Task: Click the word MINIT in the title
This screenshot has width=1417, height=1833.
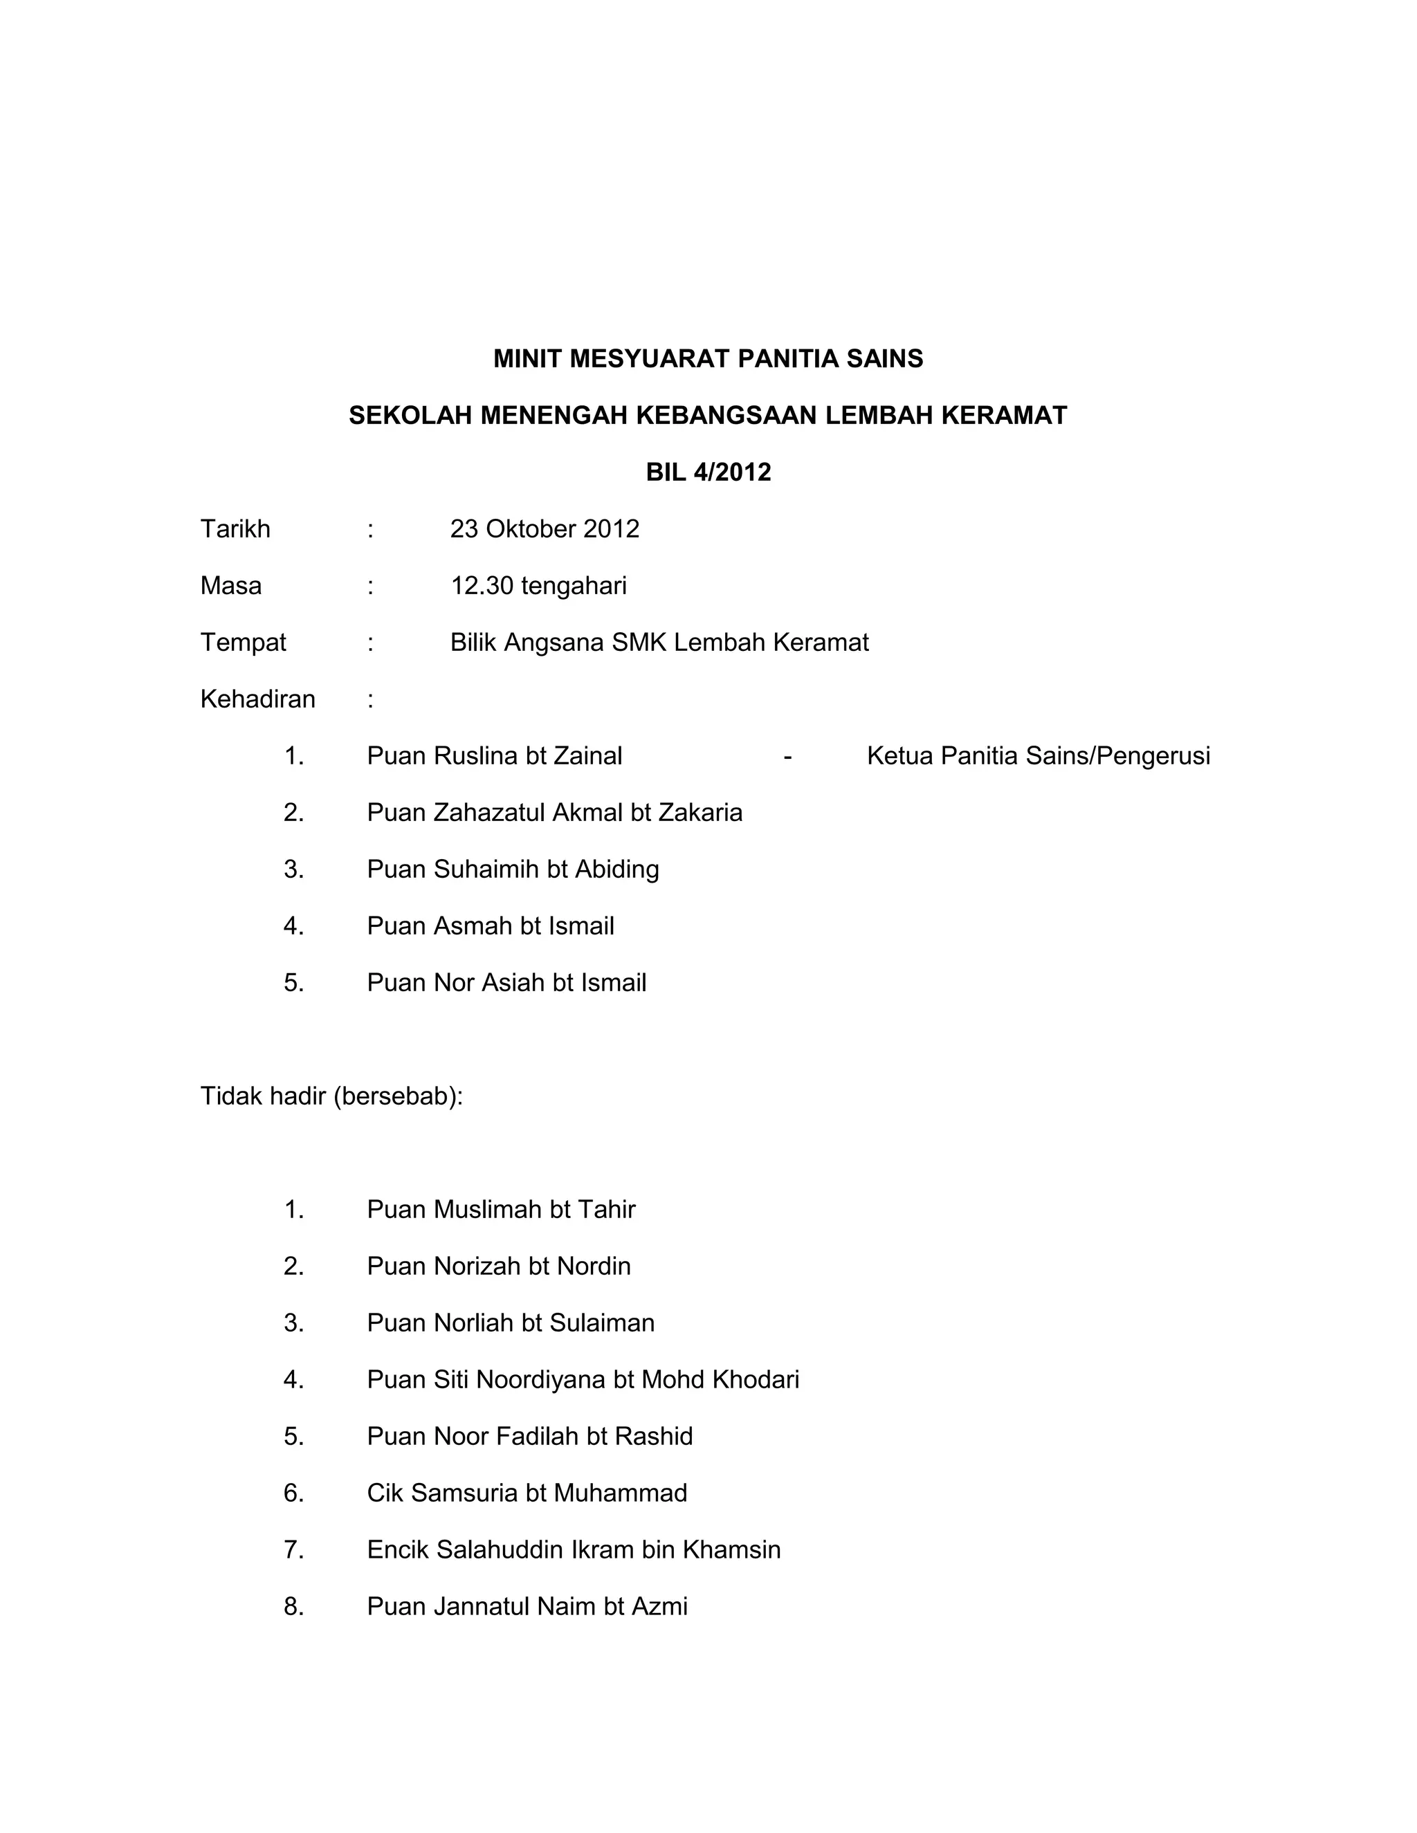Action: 527,359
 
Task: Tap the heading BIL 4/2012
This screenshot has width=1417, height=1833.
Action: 708,472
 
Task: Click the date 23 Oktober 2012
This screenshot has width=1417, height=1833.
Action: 544,528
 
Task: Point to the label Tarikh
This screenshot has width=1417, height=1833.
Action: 235,528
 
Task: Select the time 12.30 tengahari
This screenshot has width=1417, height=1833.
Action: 538,586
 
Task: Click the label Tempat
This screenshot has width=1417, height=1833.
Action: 243,643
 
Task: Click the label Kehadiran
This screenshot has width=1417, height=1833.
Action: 257,699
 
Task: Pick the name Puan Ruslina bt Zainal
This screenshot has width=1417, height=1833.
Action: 495,756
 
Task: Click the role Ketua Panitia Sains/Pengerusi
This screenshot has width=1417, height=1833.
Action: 1039,756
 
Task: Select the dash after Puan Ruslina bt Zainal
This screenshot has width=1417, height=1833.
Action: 787,757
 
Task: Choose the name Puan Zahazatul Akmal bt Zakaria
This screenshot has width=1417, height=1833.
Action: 554,813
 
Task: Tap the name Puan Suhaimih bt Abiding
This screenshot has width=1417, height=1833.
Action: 512,869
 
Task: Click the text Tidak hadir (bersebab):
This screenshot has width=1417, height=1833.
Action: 331,1096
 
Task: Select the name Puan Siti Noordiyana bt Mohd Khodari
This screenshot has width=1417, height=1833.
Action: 583,1380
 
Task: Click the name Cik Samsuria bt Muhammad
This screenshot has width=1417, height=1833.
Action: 527,1493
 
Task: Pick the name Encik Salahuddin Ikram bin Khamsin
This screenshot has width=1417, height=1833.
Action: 574,1549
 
